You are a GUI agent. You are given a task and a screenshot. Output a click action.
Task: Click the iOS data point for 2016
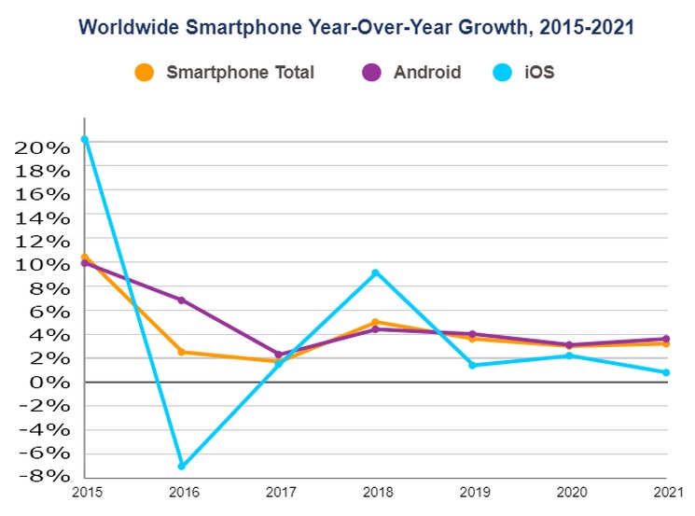click(181, 466)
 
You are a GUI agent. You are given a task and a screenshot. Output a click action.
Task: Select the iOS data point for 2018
click(375, 272)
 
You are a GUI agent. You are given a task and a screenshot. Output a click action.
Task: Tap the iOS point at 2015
click(85, 140)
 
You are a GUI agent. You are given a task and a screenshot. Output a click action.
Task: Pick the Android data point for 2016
click(181, 300)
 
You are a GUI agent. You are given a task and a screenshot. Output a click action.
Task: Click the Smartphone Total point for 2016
click(181, 352)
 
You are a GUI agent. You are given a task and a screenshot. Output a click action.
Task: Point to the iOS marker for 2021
click(666, 372)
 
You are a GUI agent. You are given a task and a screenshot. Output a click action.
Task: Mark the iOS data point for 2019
click(472, 365)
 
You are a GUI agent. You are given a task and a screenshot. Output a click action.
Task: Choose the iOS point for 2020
click(569, 356)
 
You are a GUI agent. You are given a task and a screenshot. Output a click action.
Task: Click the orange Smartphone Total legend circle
click(145, 72)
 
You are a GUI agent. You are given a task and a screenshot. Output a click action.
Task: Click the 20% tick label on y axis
click(43, 147)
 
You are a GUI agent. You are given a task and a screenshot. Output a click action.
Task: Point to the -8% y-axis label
click(43, 476)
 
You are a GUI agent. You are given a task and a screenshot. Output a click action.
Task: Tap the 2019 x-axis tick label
click(472, 493)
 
